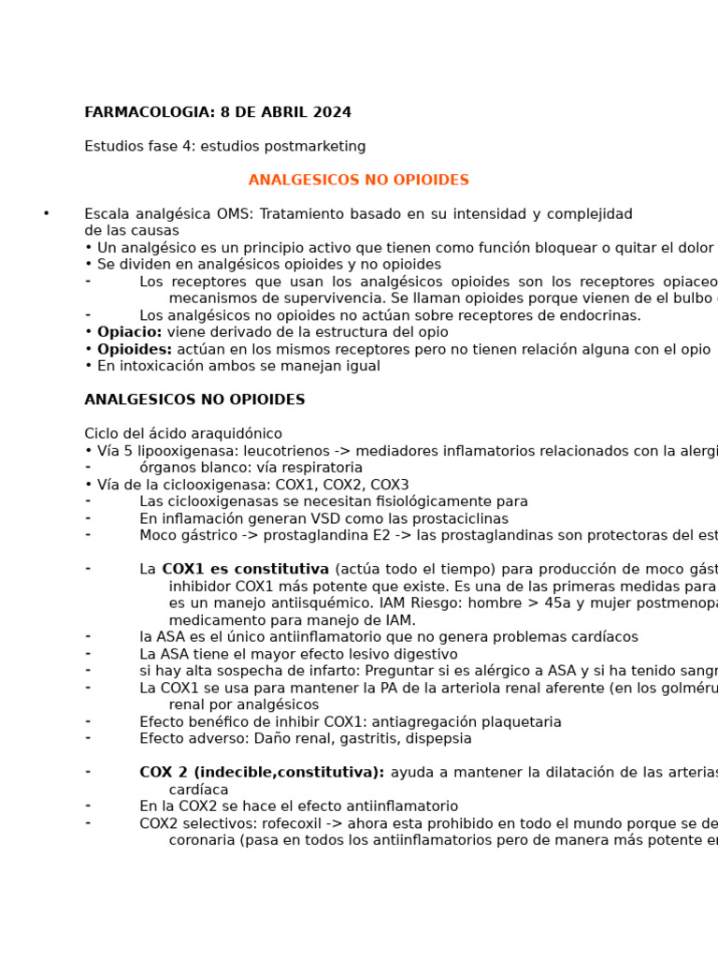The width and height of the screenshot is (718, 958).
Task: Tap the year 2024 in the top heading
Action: click(332, 112)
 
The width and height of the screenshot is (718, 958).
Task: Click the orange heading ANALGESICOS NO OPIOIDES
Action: click(358, 180)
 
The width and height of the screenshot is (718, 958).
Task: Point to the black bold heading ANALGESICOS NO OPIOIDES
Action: click(194, 399)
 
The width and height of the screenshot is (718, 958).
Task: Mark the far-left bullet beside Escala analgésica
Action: click(46, 214)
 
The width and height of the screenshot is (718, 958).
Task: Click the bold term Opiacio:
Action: click(130, 332)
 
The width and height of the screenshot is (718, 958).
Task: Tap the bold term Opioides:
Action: click(135, 349)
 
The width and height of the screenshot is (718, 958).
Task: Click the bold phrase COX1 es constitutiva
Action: click(245, 569)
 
